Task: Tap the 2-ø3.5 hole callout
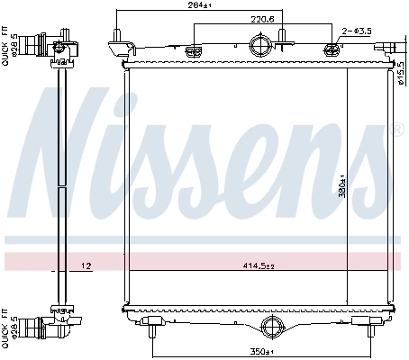(358, 31)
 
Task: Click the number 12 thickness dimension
(86, 265)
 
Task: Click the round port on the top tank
(259, 44)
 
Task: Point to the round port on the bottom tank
(271, 327)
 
